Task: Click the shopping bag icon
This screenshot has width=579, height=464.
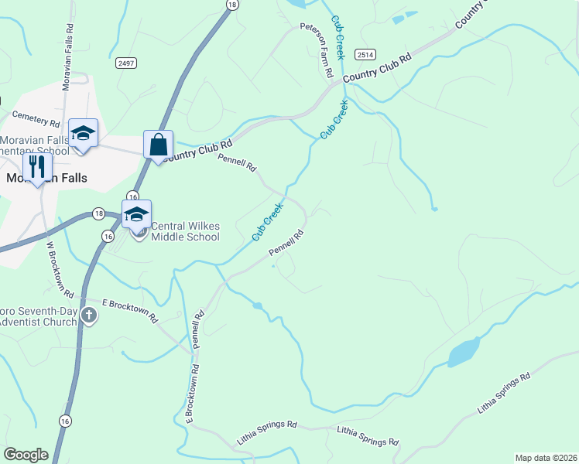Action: [x=158, y=145]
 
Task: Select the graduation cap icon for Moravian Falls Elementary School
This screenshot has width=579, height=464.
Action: [x=83, y=133]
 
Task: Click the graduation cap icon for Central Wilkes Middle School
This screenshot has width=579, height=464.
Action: [x=136, y=215]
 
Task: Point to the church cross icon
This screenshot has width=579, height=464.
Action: [x=90, y=315]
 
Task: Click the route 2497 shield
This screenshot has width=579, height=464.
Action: [x=125, y=62]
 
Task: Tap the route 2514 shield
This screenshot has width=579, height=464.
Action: [x=365, y=53]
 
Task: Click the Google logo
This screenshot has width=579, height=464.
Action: [x=26, y=455]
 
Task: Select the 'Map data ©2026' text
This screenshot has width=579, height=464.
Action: [x=545, y=458]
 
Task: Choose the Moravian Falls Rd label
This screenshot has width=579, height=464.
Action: [x=67, y=46]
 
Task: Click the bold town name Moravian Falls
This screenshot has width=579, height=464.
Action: [x=46, y=177]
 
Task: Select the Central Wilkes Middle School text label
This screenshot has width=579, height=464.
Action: [x=185, y=231]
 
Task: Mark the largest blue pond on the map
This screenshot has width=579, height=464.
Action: [x=464, y=352]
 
